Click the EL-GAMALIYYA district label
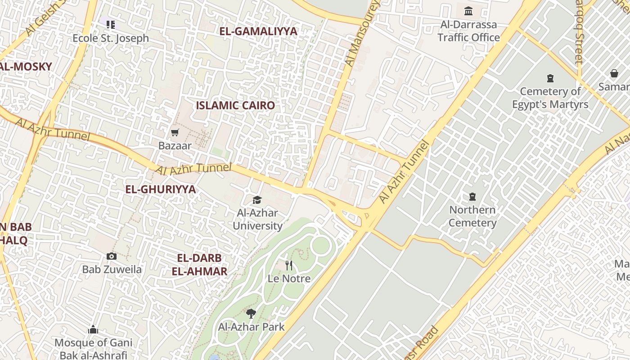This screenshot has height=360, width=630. coord(258,31)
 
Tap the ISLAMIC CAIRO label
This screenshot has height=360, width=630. coord(235,106)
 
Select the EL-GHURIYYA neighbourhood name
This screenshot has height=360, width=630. coord(160,189)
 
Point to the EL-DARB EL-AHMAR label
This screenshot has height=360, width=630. coord(199,265)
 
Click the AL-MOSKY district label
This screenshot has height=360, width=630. coord(26,67)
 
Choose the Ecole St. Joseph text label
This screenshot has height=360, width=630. coord(111,38)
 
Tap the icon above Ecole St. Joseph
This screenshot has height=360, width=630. coord(111,24)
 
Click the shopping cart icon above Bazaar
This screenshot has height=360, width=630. coord(175,132)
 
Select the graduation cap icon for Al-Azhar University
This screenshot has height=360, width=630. coord(257,199)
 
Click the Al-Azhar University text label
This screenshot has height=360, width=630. coord(257,219)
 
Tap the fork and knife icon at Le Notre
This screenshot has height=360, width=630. coord(289,265)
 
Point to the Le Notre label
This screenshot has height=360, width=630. coord(289,279)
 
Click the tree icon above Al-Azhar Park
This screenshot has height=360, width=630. coord(251,314)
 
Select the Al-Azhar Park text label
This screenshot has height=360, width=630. coord(251,327)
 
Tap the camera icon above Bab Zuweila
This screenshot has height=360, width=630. coord(112,256)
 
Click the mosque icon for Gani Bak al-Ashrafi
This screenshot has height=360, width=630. coord(93,330)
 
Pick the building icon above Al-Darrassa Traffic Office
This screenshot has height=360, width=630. coord(468,11)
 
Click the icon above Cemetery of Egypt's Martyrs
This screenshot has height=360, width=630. coord(550,78)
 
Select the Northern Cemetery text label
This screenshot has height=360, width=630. coord(472,216)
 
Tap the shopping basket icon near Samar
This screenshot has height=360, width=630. coord(614,73)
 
